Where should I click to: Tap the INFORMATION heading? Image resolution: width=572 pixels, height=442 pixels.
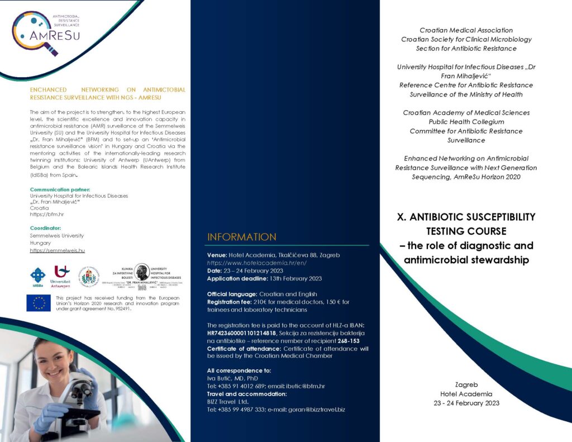[241, 237]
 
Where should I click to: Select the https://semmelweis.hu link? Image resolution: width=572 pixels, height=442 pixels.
[58, 251]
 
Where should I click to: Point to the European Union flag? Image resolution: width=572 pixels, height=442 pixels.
[39, 302]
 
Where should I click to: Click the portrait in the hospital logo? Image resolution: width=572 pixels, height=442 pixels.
[141, 272]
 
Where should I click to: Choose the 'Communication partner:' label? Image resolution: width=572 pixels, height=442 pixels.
[60, 189]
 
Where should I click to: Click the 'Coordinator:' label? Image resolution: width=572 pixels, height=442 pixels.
[45, 228]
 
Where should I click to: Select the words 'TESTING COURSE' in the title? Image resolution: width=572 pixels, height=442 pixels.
[466, 231]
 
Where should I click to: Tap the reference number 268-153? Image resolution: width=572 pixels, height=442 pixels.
[348, 340]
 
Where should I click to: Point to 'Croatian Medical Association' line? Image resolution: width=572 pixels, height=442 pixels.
[466, 30]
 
